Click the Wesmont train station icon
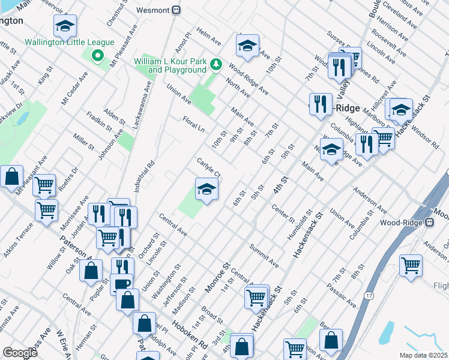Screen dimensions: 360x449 coord(176,10)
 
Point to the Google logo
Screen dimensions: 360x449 coord(20,353)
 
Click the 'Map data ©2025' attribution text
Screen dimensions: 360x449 coord(424,355)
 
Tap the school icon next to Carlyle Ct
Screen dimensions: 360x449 coord(206,190)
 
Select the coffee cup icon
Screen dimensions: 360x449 coord(121,283)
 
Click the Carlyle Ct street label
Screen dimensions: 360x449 coord(209,167)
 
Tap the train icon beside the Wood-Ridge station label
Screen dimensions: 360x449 coord(429,223)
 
